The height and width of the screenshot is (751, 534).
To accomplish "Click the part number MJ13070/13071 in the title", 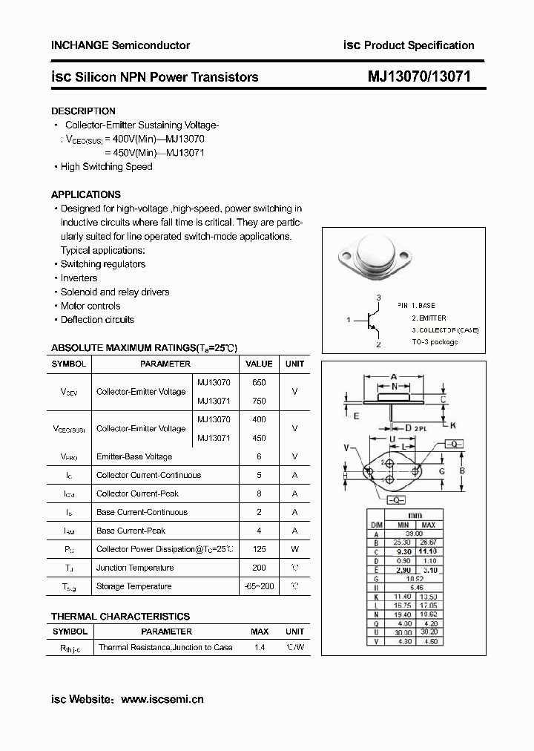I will point(419,76).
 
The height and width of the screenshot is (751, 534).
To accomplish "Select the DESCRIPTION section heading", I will point(83,111).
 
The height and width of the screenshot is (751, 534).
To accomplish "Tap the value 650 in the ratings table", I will point(259,382).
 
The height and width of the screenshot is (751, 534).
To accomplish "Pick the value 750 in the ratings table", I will point(259,401).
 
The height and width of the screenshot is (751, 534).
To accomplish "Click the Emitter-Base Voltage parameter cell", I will point(134,456).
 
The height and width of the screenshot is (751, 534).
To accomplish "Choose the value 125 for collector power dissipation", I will point(259,549).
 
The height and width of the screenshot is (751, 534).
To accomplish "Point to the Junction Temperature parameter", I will point(135,568).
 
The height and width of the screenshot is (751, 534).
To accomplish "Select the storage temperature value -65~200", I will point(259,586).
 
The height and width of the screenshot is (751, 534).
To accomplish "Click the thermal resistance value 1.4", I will point(260,647).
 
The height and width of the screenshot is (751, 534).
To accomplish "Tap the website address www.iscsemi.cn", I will point(162,699).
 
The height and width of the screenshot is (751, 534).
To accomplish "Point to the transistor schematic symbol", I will point(371,321).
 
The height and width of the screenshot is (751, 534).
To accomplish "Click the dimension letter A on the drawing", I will point(394,376).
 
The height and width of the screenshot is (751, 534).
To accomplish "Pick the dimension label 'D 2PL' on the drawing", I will point(415,428).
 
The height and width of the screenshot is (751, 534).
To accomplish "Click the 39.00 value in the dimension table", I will point(413,534).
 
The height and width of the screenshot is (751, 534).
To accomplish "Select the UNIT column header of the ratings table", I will point(294,364).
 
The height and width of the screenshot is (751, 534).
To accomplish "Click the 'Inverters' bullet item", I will point(79,278).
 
